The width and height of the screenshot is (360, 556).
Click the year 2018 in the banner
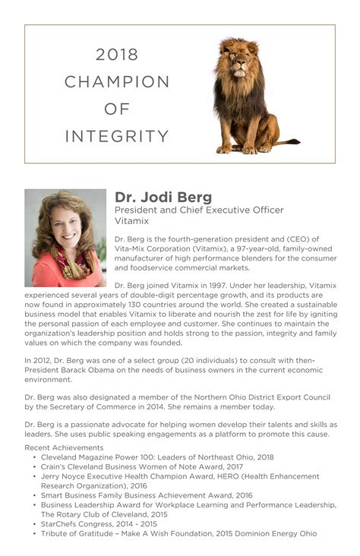tap(117, 54)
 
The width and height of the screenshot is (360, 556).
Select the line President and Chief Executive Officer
tap(199, 210)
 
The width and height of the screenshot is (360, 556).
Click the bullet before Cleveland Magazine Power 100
tap(35, 458)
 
